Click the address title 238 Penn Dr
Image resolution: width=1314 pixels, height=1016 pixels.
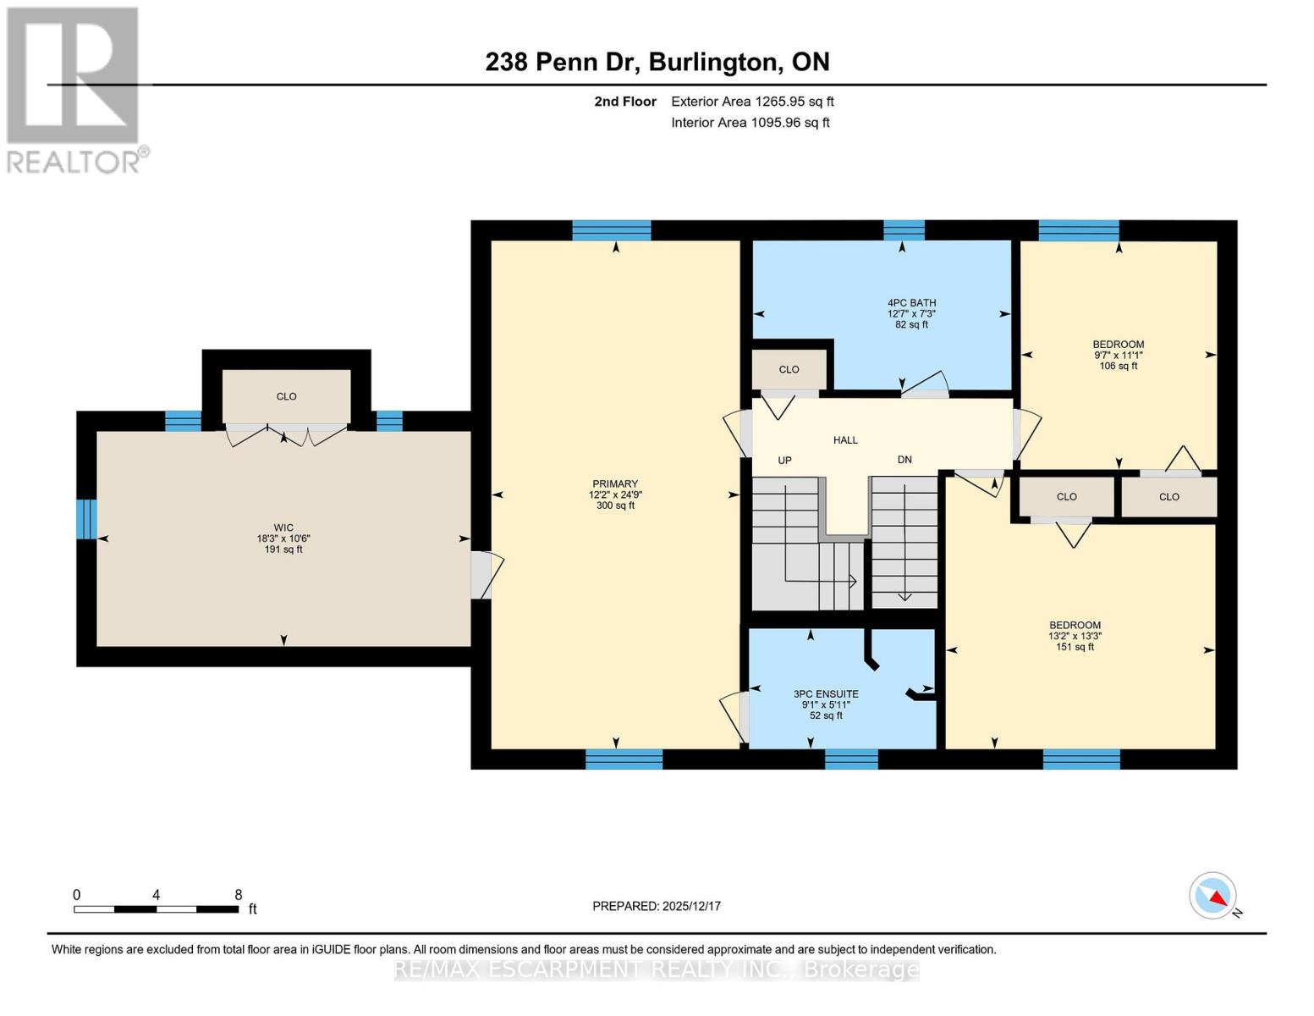[657, 62]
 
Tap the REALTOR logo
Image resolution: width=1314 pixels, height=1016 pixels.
[74, 89]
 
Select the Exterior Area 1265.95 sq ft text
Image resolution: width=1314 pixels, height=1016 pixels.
[751, 102]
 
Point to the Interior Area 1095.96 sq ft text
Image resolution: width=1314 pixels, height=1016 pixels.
[750, 123]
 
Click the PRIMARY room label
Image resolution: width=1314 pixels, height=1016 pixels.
[614, 494]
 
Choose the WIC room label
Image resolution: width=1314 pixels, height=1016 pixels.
[283, 538]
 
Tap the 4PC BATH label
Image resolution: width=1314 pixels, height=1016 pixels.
[911, 313]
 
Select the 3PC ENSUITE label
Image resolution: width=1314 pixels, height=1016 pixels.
[826, 704]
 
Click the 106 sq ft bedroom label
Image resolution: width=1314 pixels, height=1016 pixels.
[1118, 355]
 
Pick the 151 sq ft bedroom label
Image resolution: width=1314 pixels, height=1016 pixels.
[1075, 636]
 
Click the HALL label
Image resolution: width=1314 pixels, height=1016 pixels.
[845, 440]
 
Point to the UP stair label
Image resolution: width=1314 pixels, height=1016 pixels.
[784, 461]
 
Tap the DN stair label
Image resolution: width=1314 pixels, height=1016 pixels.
[904, 460]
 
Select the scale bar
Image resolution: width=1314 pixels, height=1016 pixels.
[156, 909]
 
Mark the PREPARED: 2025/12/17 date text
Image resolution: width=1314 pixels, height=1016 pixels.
[657, 906]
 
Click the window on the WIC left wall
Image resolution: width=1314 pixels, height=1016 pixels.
[86, 519]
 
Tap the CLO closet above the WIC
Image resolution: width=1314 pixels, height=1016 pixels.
[286, 396]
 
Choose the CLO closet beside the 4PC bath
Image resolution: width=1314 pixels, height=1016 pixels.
[789, 369]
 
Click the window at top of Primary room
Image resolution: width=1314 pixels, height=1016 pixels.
[611, 230]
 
